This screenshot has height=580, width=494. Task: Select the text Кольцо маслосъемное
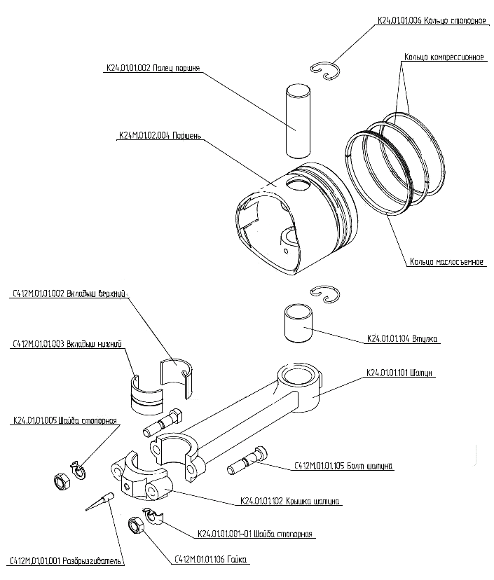pos(447,262)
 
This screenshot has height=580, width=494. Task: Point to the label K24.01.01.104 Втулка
pos(403,340)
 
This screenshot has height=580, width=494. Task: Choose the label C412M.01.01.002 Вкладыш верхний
pos(68,294)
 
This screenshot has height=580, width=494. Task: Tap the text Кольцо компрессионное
pos(445,57)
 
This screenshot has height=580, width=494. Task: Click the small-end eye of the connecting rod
pos(299,379)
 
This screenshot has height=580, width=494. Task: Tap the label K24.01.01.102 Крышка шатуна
pos(290,502)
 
